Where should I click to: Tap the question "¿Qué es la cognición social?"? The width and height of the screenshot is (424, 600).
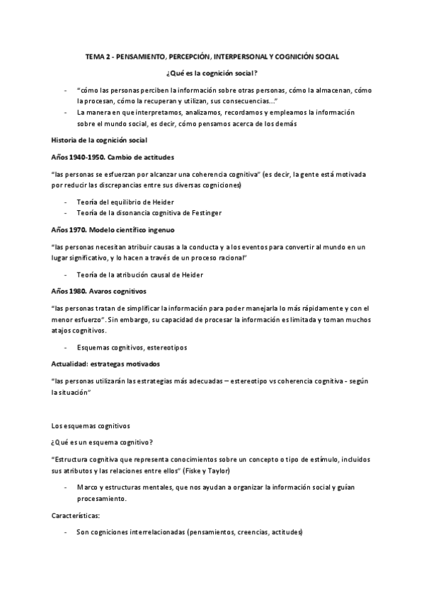(x=212, y=74)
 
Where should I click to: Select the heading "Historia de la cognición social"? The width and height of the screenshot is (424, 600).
(x=99, y=140)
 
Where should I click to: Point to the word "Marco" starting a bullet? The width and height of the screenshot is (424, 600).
(x=87, y=488)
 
